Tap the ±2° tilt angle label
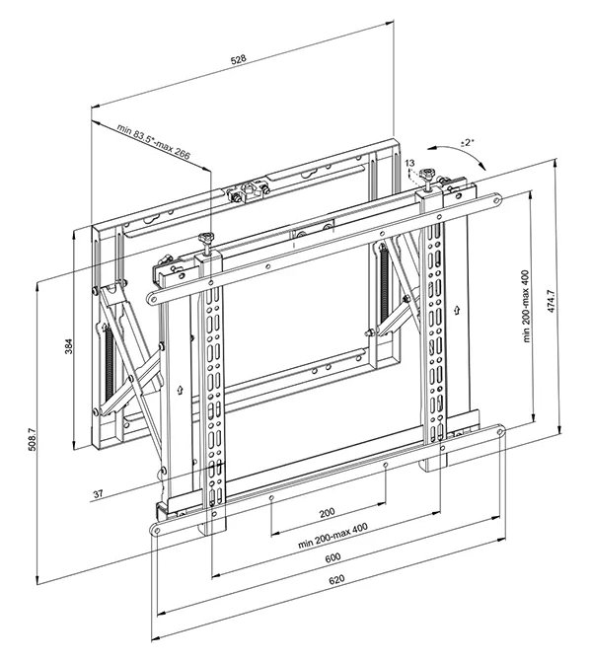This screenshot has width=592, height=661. point(467,144)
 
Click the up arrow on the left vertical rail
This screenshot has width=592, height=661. point(180,389)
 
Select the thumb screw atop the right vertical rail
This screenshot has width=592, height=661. point(430,178)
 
